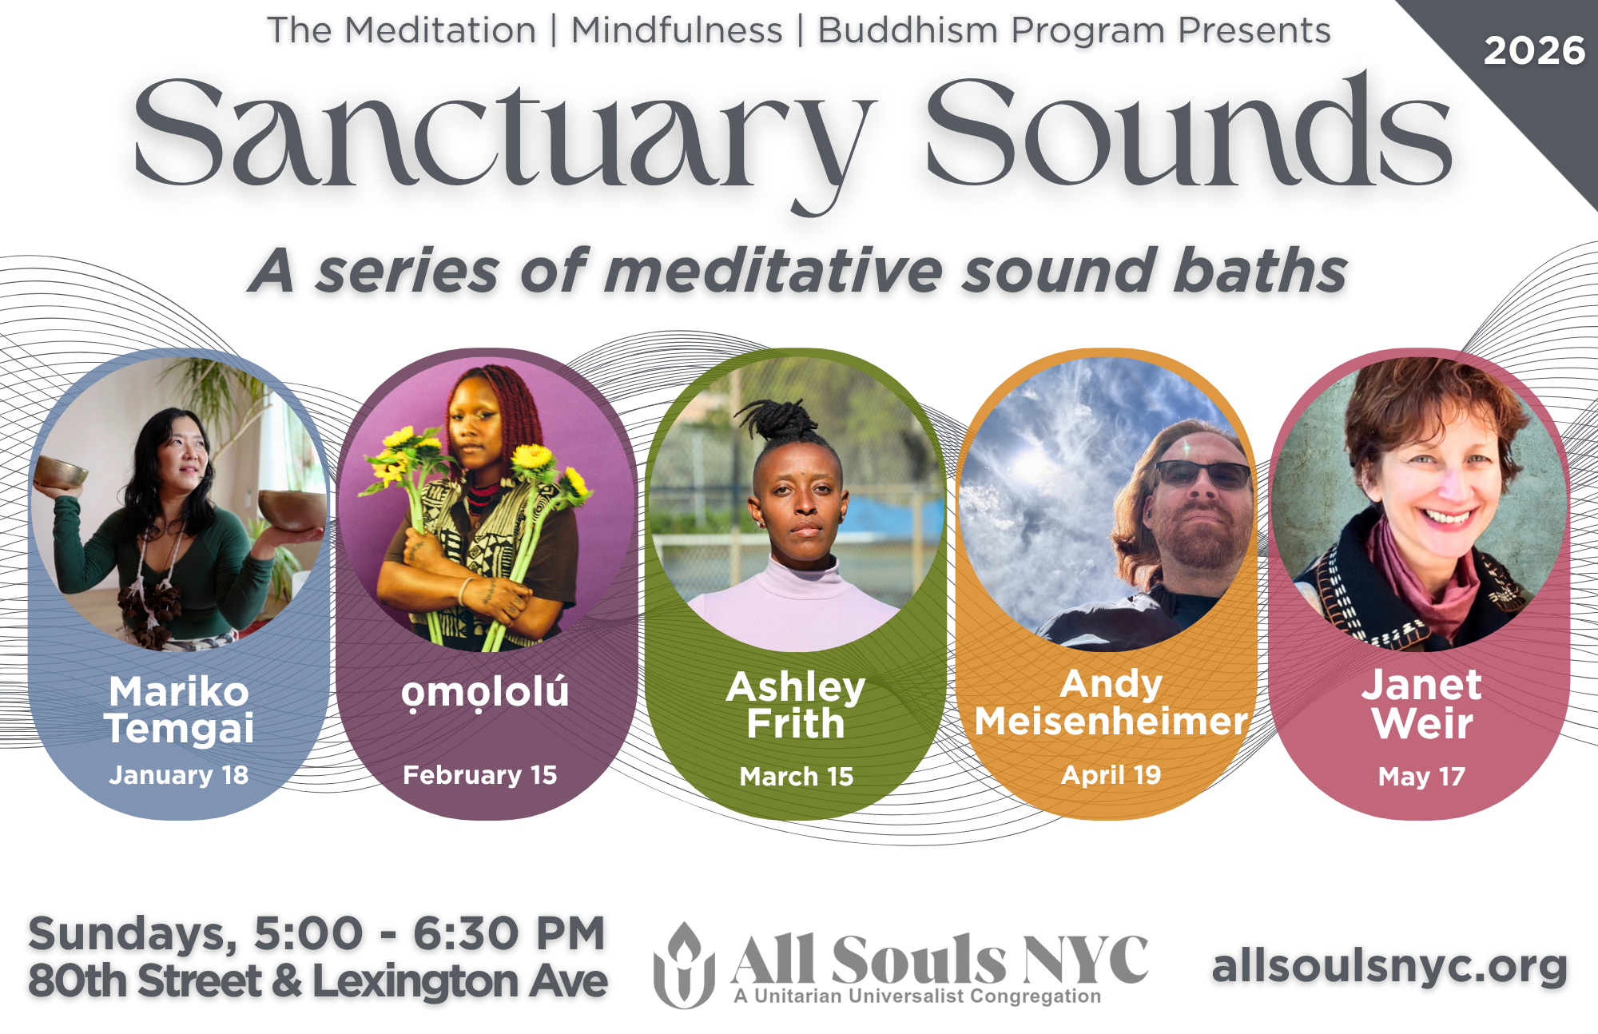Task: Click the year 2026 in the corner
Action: [x=1533, y=51]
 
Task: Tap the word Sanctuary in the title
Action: [x=503, y=136]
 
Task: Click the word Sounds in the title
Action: [x=1188, y=132]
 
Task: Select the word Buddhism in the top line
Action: [x=908, y=30]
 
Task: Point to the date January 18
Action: [x=178, y=775]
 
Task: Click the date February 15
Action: [x=479, y=775]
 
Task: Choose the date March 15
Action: [x=796, y=776]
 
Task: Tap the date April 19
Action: [x=1111, y=775]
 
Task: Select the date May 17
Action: [x=1421, y=776]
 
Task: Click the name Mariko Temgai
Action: [x=179, y=710]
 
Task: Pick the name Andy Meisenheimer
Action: [x=1111, y=703]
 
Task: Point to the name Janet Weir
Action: [x=1421, y=704]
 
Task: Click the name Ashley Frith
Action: [x=796, y=705]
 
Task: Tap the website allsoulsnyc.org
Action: [x=1389, y=967]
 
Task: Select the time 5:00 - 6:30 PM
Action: [x=429, y=933]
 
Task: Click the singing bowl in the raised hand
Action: [x=60, y=472]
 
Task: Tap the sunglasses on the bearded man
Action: [x=1202, y=473]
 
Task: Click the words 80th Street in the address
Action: [x=145, y=981]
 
